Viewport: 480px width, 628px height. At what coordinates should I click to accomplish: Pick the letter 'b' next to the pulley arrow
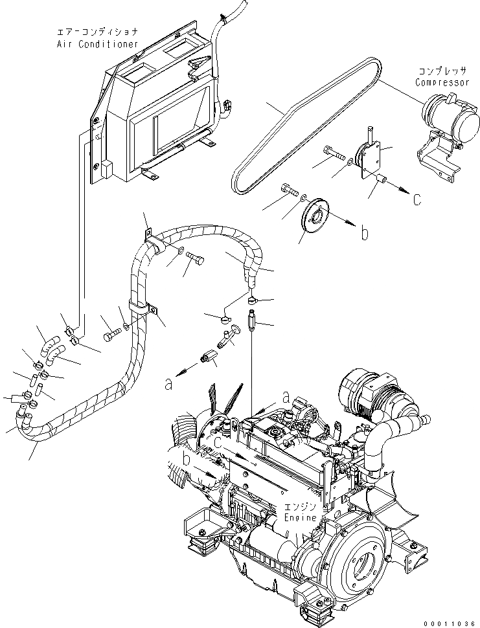tap(365, 234)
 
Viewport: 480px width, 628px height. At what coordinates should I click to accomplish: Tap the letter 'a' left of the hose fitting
tap(168, 384)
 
